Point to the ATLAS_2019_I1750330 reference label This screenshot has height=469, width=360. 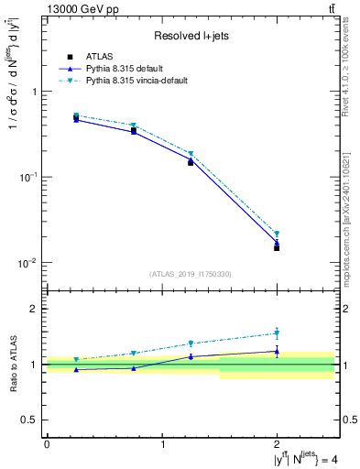(191, 274)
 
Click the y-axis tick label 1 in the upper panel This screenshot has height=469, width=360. (35, 92)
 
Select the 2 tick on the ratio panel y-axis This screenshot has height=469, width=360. (35, 309)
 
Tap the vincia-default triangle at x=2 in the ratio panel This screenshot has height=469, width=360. (277, 333)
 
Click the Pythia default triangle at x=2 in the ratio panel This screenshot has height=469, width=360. (277, 351)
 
